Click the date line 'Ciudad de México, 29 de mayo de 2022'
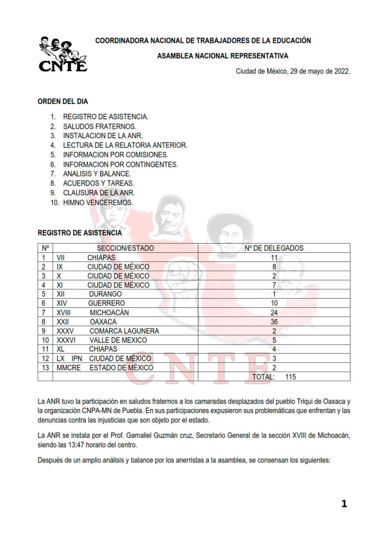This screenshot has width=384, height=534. click(x=292, y=71)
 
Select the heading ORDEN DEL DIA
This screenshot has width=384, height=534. click(x=63, y=102)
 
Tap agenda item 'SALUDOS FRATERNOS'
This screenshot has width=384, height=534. click(x=100, y=126)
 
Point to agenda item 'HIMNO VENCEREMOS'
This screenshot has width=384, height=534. click(x=98, y=202)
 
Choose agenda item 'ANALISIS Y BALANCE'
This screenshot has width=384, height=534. click(x=97, y=174)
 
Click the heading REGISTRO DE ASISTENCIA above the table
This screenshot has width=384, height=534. click(x=80, y=233)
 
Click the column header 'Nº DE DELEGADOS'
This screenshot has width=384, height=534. click(x=274, y=248)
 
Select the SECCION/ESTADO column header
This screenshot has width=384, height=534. click(x=125, y=248)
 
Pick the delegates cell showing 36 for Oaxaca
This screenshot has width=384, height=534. click(x=274, y=322)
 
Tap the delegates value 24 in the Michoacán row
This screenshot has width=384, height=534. click(x=274, y=312)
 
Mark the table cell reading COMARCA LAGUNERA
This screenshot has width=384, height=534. click(x=124, y=331)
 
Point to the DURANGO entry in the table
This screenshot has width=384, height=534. click(x=105, y=294)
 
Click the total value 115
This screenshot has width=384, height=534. click(x=290, y=377)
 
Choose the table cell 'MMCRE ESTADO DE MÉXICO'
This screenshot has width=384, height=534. click(x=105, y=368)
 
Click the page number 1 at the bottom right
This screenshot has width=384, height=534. click(x=344, y=503)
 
